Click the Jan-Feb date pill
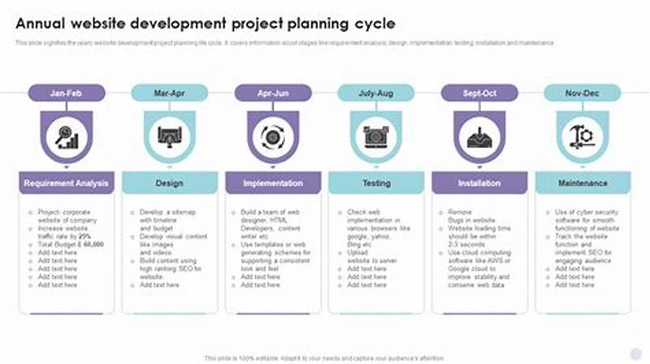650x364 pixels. [66, 93]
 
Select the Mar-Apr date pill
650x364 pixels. [169, 93]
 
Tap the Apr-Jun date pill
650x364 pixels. [272, 93]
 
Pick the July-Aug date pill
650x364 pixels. [375, 93]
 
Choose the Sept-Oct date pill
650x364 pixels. [479, 93]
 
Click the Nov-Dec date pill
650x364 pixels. [582, 93]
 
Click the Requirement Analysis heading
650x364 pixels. [66, 184]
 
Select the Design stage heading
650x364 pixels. [169, 184]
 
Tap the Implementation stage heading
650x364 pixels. [272, 184]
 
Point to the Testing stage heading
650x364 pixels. [375, 184]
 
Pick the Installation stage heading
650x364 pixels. [479, 184]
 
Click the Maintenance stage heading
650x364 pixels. [582, 184]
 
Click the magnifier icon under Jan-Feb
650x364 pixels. [66, 136]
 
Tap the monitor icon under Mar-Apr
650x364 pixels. [169, 136]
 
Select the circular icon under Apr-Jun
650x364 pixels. [272, 136]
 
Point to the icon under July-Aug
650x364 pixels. [375, 136]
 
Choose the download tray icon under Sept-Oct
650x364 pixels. [479, 136]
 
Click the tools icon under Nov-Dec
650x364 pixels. [582, 136]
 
